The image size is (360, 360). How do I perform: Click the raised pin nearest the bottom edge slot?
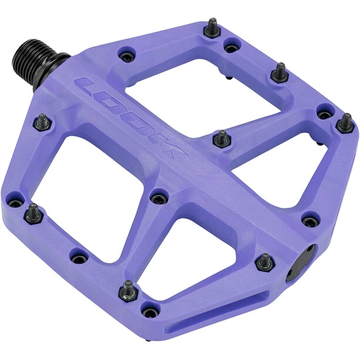pos(127,288)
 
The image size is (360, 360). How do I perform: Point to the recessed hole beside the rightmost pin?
pos(324,110)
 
